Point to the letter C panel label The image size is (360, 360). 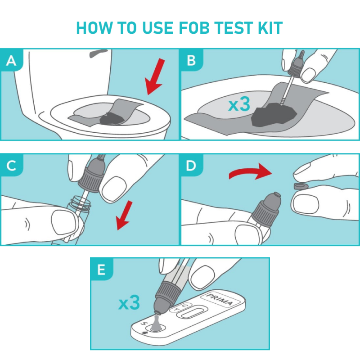click(x=11, y=165)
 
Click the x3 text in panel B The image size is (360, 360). click(x=239, y=104)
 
